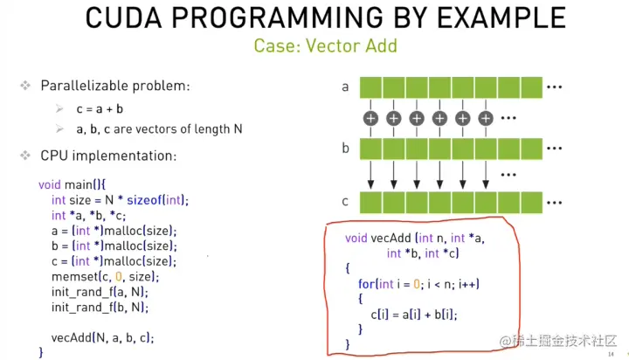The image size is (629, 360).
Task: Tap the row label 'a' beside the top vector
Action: pos(345,87)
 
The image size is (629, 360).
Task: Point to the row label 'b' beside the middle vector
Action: pos(345,148)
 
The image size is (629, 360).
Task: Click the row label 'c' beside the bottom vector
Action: pos(345,201)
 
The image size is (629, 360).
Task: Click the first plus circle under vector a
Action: pos(370,117)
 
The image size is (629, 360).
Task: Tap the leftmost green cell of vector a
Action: pos(370,87)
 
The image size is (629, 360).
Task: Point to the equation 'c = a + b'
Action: pos(100,108)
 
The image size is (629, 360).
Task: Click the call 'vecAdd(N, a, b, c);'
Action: pos(106,337)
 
